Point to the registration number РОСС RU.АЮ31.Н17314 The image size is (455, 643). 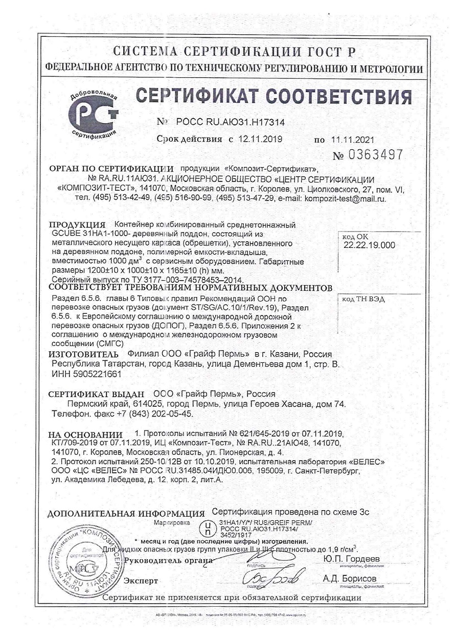tap(230, 123)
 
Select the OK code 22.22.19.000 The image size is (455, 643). tap(370, 245)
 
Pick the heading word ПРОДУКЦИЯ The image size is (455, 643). tap(77, 225)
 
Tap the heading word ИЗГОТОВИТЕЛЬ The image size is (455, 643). tap(84, 354)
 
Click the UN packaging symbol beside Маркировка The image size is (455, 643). tap(206, 526)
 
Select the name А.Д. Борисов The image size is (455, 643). tap(350, 578)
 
